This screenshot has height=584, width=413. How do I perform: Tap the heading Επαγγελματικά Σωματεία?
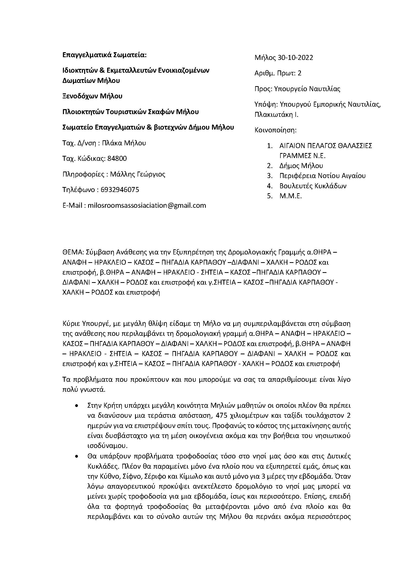tap(105, 55)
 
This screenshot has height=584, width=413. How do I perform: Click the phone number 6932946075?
tap(120, 190)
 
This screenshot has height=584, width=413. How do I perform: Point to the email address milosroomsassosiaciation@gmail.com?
tap(147, 205)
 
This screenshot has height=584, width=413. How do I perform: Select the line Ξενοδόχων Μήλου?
tap(92, 96)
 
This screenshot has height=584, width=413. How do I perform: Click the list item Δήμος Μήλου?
tap(301, 166)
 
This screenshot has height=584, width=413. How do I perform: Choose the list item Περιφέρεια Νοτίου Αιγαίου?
tap(322, 176)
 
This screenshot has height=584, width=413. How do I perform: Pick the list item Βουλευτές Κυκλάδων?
tap(313, 186)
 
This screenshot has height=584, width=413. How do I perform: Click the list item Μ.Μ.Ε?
tap(290, 196)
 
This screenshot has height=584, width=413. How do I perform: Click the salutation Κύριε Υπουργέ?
tap(86, 324)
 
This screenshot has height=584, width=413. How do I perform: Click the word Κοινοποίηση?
tap(275, 130)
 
